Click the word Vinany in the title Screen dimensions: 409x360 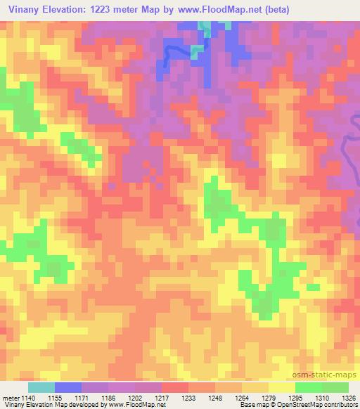pyautogui.click(x=23, y=10)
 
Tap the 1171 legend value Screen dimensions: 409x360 pyautogui.click(x=81, y=398)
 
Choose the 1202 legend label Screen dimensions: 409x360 pyautogui.click(x=134, y=398)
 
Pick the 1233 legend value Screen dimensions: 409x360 pyautogui.click(x=188, y=398)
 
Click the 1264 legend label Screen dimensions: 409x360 pyautogui.click(x=241, y=398)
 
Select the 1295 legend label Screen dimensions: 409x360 pyautogui.click(x=295, y=398)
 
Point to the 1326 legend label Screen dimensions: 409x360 pyautogui.click(x=348, y=398)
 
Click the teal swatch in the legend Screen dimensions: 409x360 pyautogui.click(x=41, y=387)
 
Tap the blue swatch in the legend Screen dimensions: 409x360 pyautogui.click(x=67, y=387)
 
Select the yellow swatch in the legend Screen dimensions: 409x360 pyautogui.click(x=281, y=387)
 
